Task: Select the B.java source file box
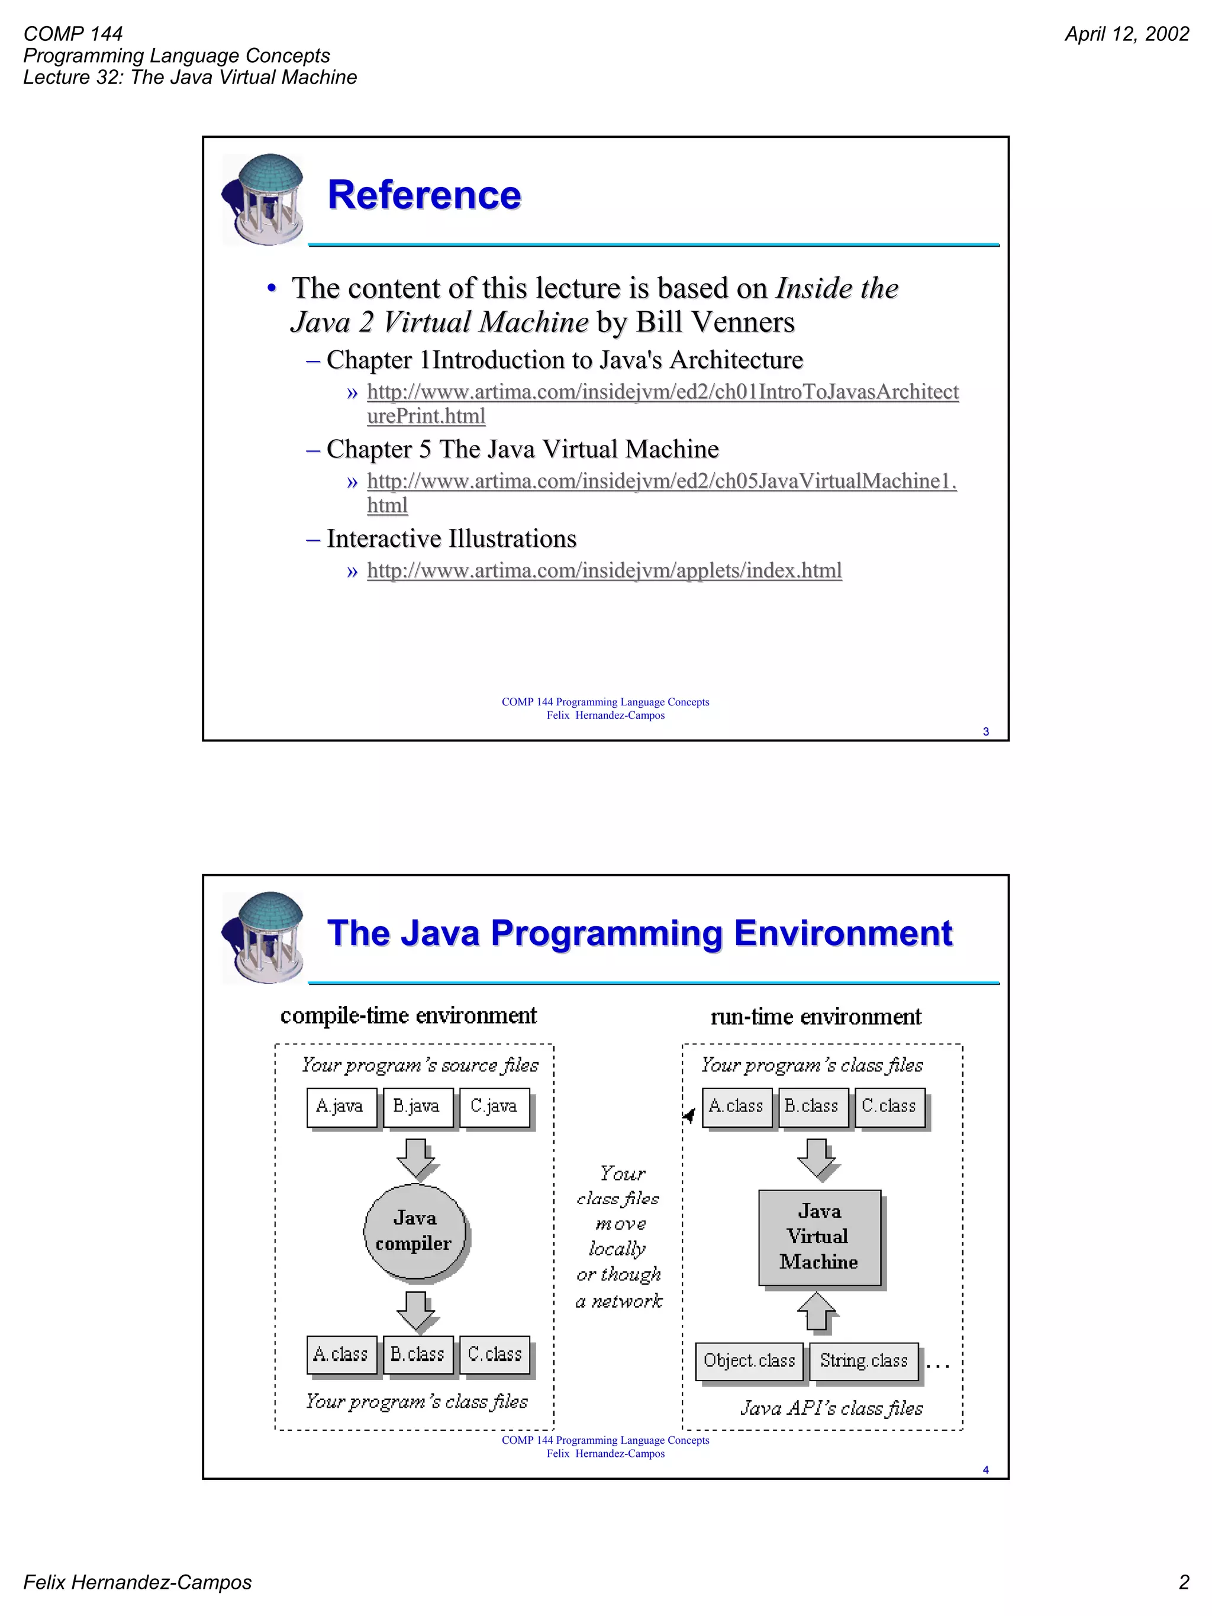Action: pos(417,1107)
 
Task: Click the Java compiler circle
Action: pos(414,1231)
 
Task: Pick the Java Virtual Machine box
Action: pos(819,1237)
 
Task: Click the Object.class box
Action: pos(749,1361)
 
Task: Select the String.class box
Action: pos(863,1361)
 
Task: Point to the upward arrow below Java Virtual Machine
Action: pos(816,1311)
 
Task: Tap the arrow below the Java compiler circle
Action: pos(415,1311)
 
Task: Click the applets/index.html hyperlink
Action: pos(604,570)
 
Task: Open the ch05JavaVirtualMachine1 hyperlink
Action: pos(661,482)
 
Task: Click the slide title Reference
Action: pos(424,195)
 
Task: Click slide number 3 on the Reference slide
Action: pos(985,731)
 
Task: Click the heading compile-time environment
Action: pos(408,1015)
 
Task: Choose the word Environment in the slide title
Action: pos(843,933)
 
